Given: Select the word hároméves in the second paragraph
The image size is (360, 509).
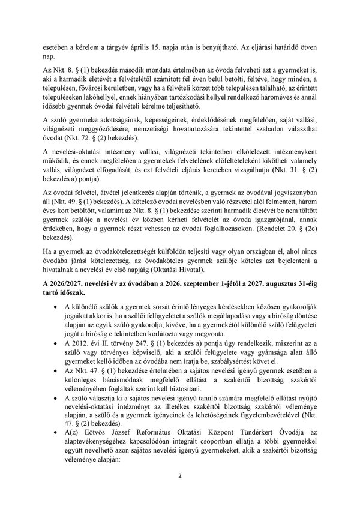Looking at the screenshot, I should [275, 98].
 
